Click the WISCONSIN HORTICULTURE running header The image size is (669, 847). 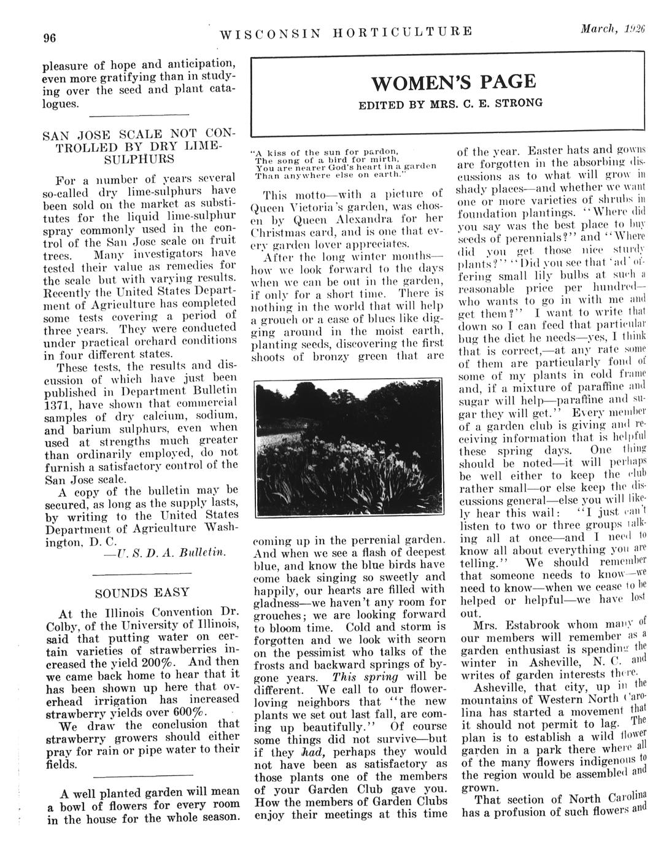[346, 31]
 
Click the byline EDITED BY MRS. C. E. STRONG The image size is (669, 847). [451, 103]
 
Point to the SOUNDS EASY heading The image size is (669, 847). [142, 593]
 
